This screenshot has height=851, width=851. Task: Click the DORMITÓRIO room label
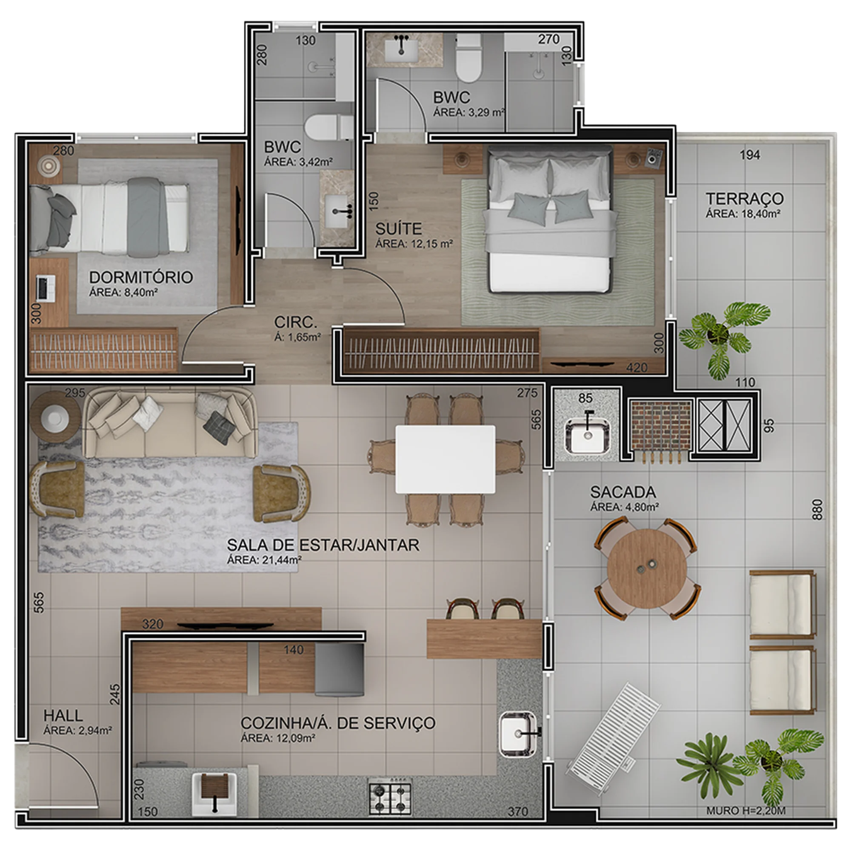coord(141,277)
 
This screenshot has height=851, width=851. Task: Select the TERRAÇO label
coord(744,199)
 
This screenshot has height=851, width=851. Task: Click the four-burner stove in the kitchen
coord(390,798)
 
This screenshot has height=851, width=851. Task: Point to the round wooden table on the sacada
coord(647,568)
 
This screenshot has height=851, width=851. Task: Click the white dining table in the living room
coord(445,459)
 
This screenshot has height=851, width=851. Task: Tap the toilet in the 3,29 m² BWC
coord(468,59)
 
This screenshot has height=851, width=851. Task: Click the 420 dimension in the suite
coord(637,367)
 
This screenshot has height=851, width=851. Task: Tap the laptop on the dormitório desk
coord(46,288)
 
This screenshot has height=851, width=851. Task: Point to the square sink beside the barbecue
coord(587,436)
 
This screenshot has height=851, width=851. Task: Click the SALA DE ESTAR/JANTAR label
coord(323,545)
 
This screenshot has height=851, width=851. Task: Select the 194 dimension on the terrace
coord(750,155)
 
